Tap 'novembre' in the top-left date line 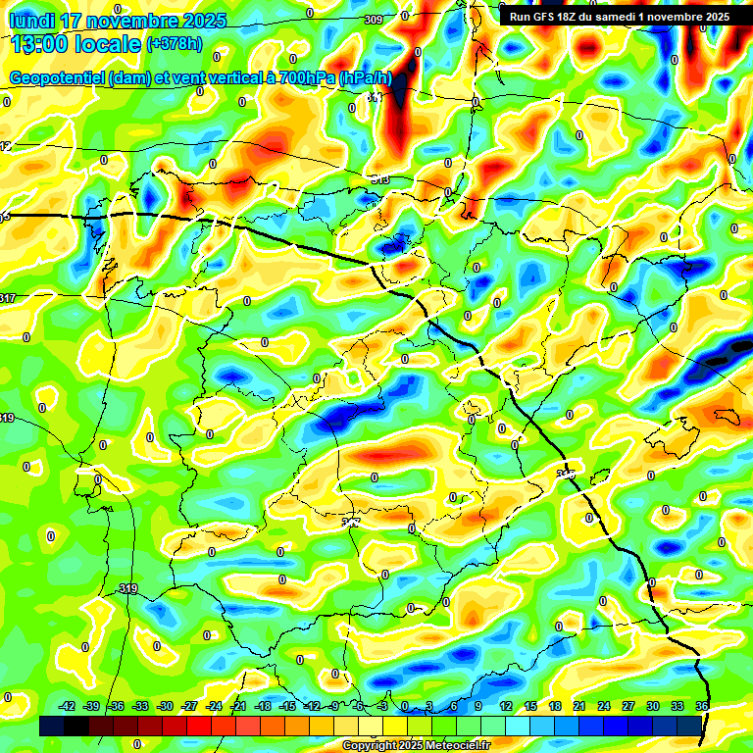(132, 21)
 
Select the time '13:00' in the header (42, 44)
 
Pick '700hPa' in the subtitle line (307, 78)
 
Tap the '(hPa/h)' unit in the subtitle (366, 78)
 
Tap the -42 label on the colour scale (68, 706)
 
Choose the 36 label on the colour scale (702, 706)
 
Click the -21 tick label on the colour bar (238, 706)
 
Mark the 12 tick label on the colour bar (506, 706)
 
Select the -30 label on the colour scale (165, 706)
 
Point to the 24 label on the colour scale (604, 706)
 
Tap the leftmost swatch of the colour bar (52, 726)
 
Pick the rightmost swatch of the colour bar (689, 726)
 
